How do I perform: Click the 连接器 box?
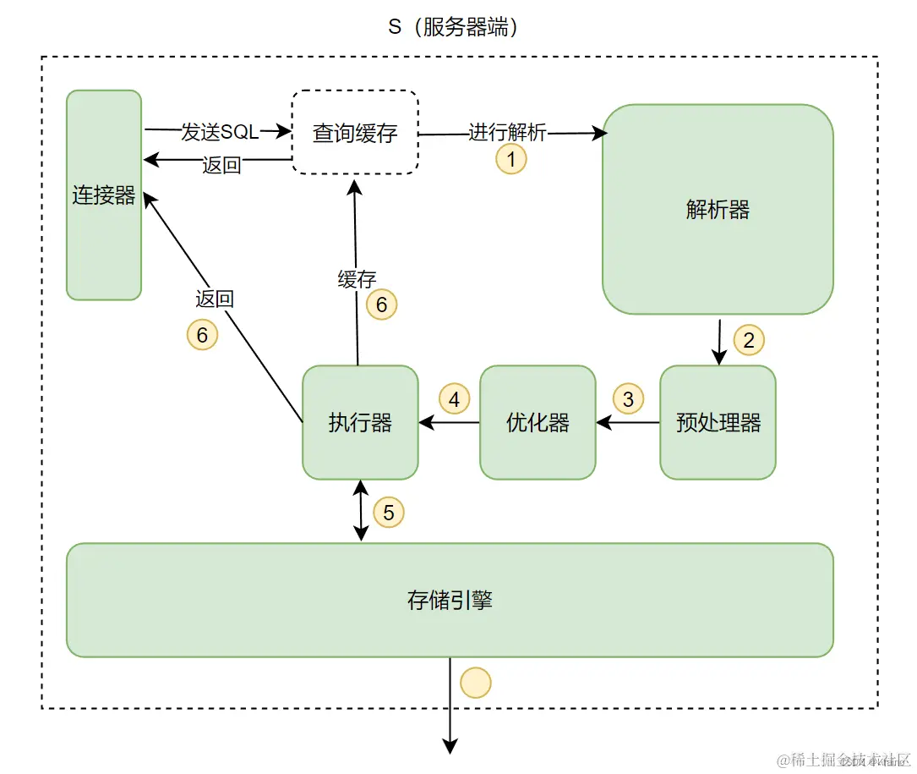point(104,195)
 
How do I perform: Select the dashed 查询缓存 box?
point(355,133)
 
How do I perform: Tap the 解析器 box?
point(718,210)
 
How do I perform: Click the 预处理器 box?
point(718,422)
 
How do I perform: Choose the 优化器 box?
point(538,422)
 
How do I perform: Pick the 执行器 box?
point(360,422)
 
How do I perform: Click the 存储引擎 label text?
point(450,601)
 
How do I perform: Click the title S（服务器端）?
point(453,26)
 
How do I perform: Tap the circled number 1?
point(510,158)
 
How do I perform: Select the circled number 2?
point(748,340)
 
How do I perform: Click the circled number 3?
point(627,398)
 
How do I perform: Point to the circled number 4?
point(454,398)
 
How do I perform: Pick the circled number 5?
point(388,512)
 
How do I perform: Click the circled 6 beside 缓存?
point(381,305)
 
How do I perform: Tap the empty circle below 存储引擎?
point(475,682)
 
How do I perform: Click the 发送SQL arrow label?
point(220,132)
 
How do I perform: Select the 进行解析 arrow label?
point(508,133)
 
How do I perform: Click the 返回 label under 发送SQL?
point(222,165)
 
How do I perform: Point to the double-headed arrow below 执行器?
point(362,511)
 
